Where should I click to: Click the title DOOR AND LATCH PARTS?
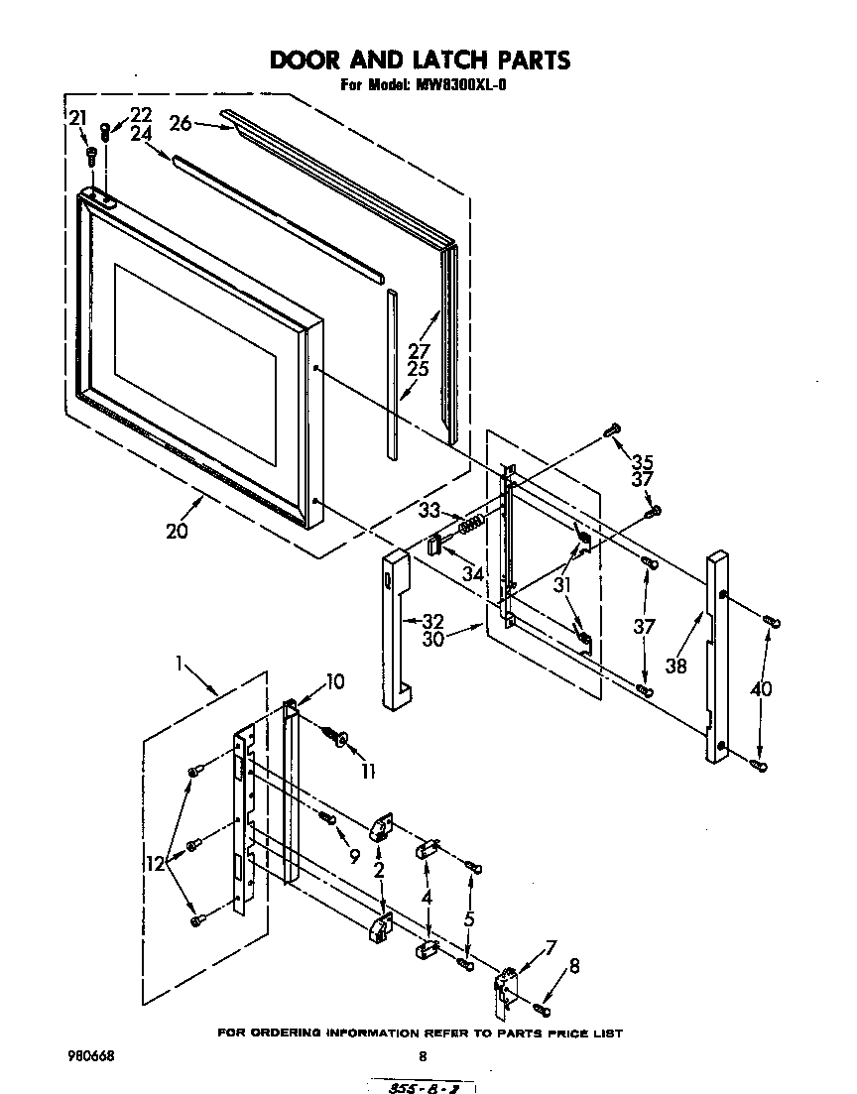coord(421,61)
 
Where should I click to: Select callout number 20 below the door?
coord(178,531)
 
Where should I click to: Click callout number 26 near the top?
coord(180,123)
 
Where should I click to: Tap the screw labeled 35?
coord(612,429)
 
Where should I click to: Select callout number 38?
coord(676,667)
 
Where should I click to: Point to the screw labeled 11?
coord(337,737)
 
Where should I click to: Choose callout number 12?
coord(155,864)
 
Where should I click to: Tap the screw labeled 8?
coord(542,1009)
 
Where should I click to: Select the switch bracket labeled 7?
coord(508,989)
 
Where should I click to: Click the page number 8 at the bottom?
coord(424,1057)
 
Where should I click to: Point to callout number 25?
coord(417,369)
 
